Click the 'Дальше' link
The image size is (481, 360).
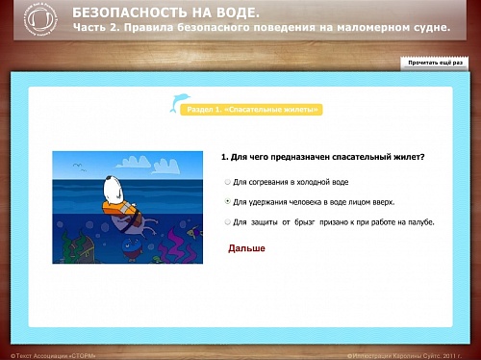pyautogui.click(x=246, y=248)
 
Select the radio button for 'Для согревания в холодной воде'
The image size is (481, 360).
pyautogui.click(x=227, y=181)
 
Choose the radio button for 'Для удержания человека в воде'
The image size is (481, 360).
pyautogui.click(x=227, y=202)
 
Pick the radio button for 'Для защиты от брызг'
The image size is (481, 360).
pyautogui.click(x=227, y=222)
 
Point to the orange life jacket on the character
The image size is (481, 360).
pyautogui.click(x=121, y=212)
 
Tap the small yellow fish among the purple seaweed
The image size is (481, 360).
pyautogui.click(x=195, y=233)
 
